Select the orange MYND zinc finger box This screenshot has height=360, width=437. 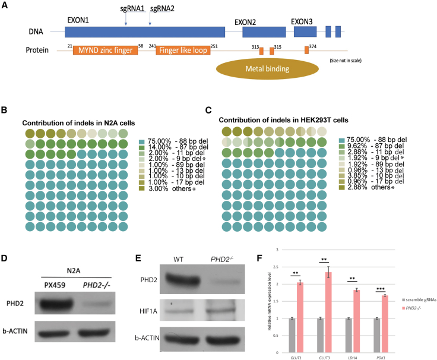click(x=105, y=51)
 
